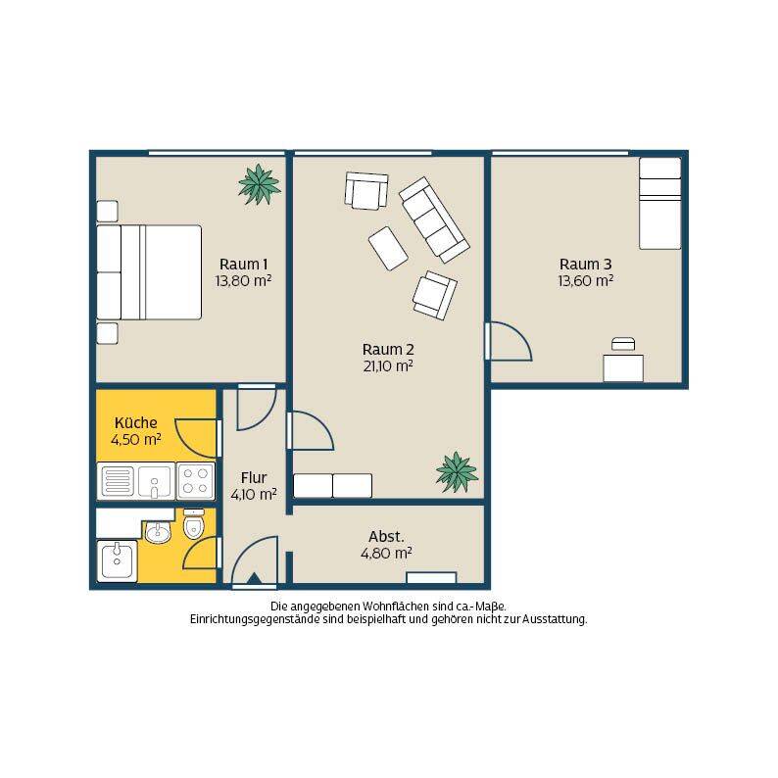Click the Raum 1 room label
(243, 264)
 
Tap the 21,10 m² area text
(388, 366)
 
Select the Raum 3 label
(586, 264)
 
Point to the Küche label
(135, 422)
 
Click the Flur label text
(254, 478)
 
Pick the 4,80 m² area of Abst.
(386, 554)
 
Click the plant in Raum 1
(259, 184)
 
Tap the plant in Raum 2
(457, 472)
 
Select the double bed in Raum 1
(149, 272)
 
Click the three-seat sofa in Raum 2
(434, 219)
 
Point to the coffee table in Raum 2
(388, 249)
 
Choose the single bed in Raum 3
(659, 204)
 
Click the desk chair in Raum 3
(623, 344)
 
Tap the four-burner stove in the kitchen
(196, 481)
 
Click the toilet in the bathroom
(193, 524)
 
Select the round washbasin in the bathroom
(159, 532)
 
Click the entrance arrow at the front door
(254, 578)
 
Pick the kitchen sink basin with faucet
(154, 482)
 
